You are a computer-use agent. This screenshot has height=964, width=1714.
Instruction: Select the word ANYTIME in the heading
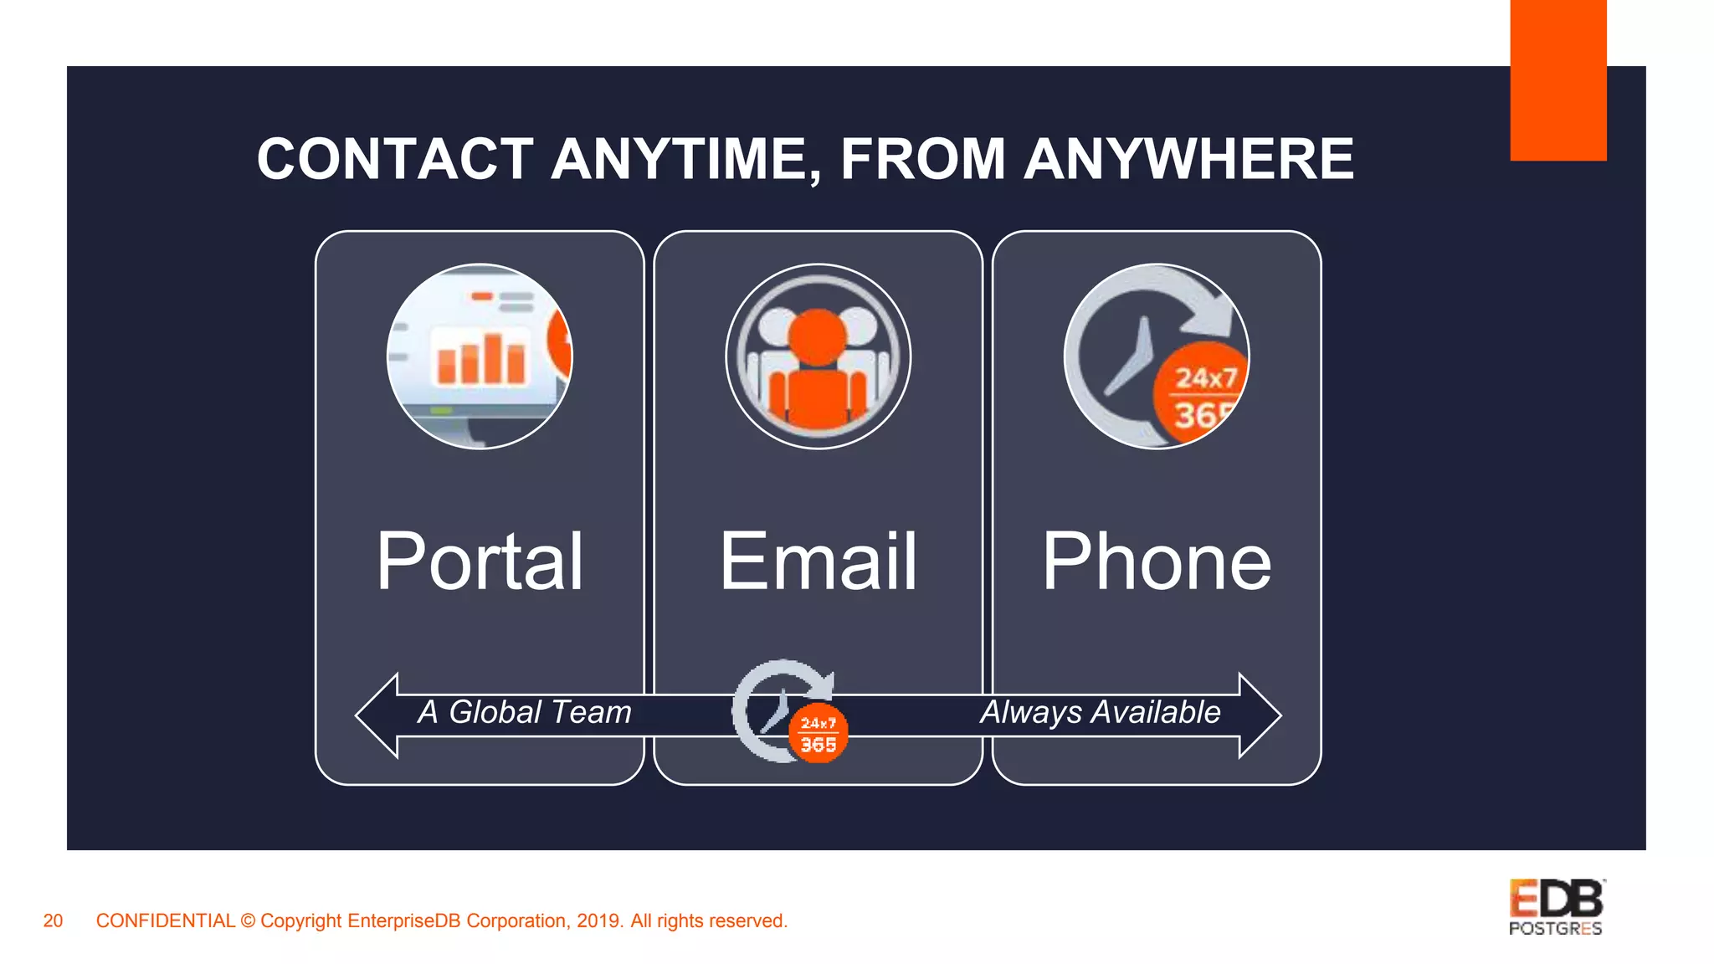[x=686, y=159]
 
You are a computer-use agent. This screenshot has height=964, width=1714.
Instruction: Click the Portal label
[x=480, y=561]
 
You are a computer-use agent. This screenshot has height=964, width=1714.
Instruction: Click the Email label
[x=819, y=561]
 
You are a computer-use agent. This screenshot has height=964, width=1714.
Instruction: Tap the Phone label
[x=1157, y=561]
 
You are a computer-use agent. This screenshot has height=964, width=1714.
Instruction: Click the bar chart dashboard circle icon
[x=480, y=356]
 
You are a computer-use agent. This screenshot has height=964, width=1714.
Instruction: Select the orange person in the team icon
[x=817, y=368]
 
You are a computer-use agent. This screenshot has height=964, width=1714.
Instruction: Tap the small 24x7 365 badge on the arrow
[x=818, y=734]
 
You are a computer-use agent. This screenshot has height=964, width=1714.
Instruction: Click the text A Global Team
[x=525, y=712]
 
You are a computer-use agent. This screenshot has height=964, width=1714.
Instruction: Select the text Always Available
[x=1100, y=712]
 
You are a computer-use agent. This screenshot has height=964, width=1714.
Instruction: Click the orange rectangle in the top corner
[x=1557, y=79]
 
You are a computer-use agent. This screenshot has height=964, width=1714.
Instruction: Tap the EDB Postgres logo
[x=1556, y=907]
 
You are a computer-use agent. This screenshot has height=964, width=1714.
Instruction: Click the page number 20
[x=53, y=920]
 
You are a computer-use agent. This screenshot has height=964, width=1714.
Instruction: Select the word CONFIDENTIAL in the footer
[x=165, y=920]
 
